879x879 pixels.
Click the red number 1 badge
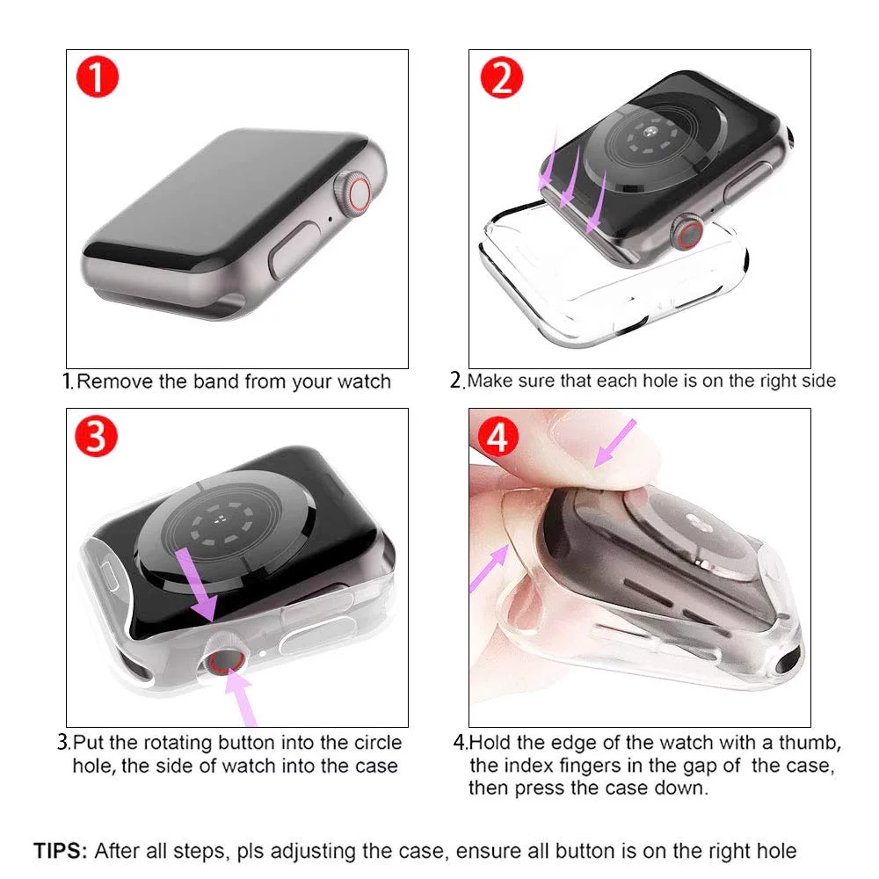[98, 76]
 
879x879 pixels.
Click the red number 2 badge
[502, 76]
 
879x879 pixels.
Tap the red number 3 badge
[97, 436]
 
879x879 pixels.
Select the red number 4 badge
[498, 436]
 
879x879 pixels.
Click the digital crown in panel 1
[353, 192]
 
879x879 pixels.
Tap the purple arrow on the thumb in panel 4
[614, 443]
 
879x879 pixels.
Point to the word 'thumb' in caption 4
[810, 743]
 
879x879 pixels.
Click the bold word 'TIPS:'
[61, 850]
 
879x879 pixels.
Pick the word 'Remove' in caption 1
[115, 381]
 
